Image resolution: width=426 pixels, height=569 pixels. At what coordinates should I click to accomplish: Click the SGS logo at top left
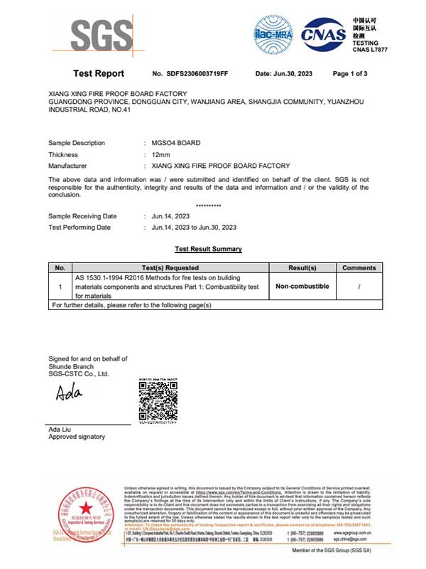(101, 34)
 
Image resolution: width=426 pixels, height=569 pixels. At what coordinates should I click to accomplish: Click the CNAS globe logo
(324, 33)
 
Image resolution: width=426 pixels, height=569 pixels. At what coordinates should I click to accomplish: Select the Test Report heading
(99, 74)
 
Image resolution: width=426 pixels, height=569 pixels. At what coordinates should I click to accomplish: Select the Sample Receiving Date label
(82, 216)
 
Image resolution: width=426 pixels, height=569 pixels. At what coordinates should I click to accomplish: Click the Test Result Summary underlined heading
(208, 249)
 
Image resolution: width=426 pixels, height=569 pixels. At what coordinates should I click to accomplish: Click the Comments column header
(359, 267)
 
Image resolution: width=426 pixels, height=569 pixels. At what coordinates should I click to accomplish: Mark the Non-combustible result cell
(302, 286)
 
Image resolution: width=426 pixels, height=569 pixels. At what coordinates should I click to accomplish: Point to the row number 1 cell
(60, 286)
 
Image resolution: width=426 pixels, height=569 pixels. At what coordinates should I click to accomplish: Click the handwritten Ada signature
(69, 392)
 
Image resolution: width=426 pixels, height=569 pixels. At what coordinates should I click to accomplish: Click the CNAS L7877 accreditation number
(369, 50)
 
